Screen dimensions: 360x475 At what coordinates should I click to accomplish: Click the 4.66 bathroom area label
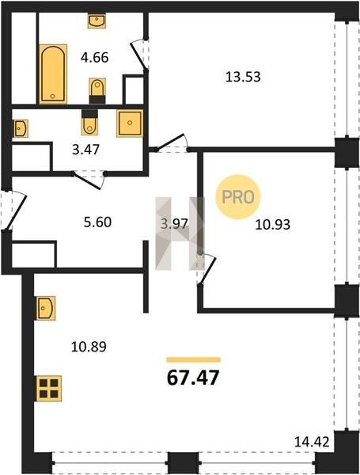click(x=94, y=57)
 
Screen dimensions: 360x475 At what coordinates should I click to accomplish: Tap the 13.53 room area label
click(x=243, y=77)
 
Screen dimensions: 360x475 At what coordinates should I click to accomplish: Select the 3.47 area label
click(x=85, y=150)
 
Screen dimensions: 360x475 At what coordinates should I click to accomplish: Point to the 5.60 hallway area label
click(x=97, y=222)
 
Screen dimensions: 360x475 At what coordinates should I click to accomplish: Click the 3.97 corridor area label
click(x=175, y=225)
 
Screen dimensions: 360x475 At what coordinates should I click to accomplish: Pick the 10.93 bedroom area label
click(x=272, y=225)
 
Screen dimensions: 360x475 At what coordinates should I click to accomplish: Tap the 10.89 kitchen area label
click(x=89, y=347)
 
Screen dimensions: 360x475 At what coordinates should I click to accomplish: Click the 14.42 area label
click(x=312, y=442)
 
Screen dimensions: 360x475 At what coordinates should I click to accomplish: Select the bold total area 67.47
click(x=193, y=378)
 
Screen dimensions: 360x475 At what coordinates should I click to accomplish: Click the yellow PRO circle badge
click(x=238, y=197)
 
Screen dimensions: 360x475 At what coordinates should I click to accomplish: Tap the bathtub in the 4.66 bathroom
click(x=53, y=74)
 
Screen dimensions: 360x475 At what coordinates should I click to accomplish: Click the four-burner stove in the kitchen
click(x=49, y=389)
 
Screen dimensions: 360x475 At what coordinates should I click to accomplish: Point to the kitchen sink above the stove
click(x=46, y=308)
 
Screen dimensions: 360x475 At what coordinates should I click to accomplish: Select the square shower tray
click(x=130, y=123)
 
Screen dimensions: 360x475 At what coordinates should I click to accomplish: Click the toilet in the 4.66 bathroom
click(x=97, y=90)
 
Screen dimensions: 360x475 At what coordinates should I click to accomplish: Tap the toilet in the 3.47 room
click(x=89, y=123)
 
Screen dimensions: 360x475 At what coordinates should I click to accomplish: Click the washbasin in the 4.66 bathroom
click(x=97, y=21)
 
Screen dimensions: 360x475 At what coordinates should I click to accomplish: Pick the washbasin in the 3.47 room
click(x=21, y=128)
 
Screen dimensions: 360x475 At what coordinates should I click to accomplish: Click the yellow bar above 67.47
click(x=194, y=360)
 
